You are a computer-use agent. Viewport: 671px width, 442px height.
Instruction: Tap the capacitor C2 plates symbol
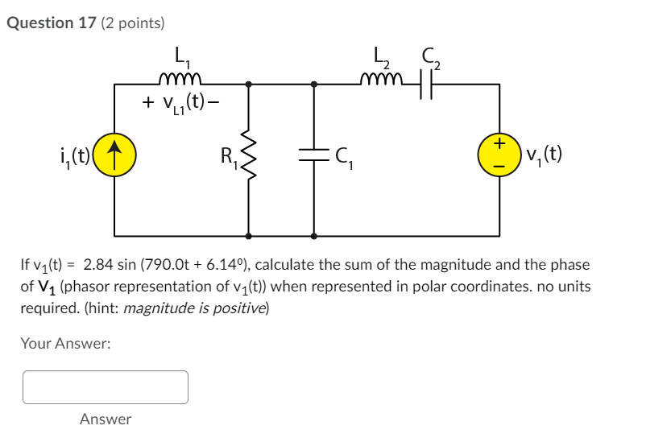(426, 83)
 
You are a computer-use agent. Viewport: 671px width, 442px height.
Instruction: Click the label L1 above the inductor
(181, 58)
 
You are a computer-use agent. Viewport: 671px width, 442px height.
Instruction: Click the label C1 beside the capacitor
(344, 158)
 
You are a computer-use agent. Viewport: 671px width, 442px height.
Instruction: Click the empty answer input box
(106, 386)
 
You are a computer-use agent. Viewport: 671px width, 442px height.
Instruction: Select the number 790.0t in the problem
(171, 265)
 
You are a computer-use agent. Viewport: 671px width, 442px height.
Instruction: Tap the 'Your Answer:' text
(65, 344)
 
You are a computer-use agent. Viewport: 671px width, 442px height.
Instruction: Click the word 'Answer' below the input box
(106, 419)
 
